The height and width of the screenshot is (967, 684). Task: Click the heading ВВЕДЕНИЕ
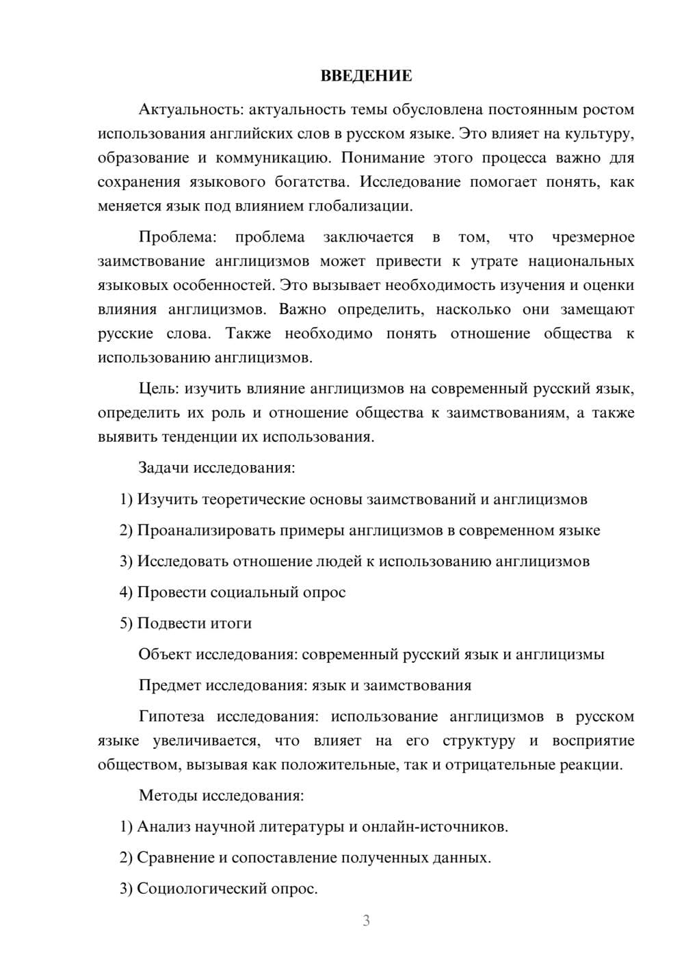tap(366, 76)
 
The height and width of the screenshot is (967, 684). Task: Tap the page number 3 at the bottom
tap(366, 920)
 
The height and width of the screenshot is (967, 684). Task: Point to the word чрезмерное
tap(593, 237)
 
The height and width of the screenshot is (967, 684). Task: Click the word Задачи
tap(164, 468)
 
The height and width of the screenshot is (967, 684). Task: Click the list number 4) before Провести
tap(126, 592)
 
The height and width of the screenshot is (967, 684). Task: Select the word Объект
tap(165, 654)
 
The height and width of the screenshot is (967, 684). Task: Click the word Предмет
tap(170, 685)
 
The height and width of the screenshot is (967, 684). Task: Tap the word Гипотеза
tap(172, 717)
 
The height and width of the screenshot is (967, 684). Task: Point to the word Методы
tap(167, 795)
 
